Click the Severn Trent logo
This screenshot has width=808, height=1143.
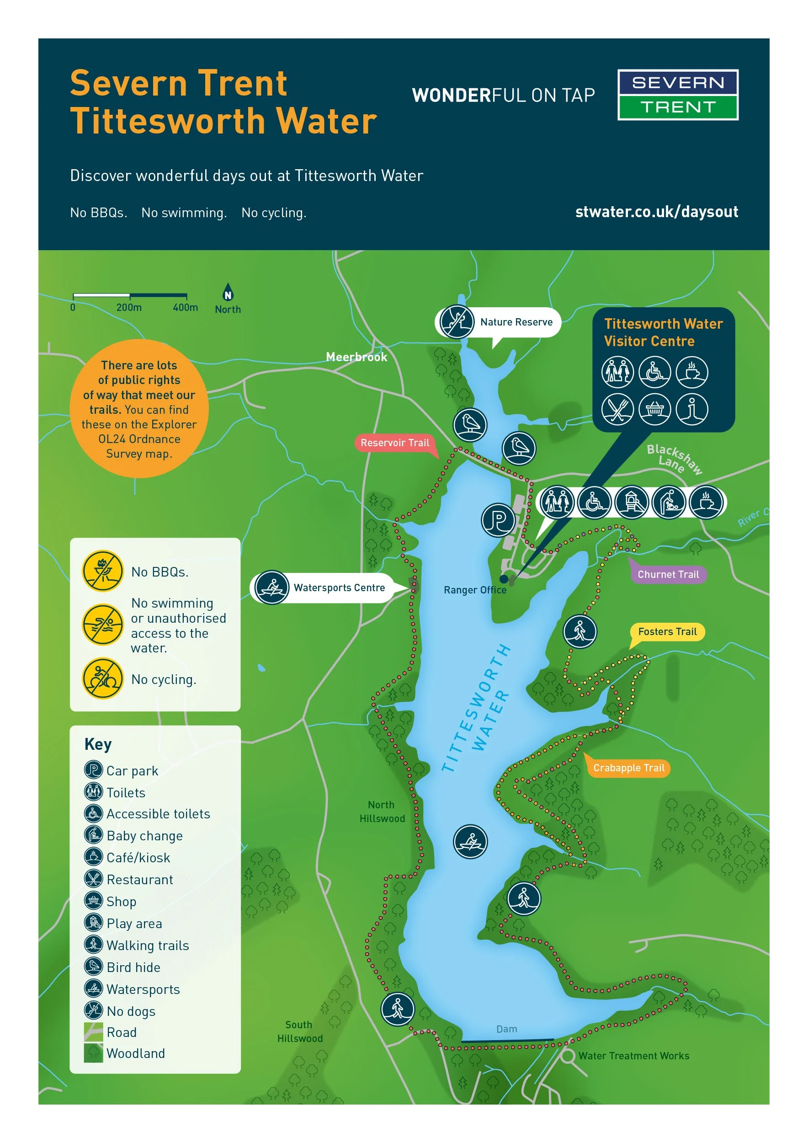click(x=678, y=95)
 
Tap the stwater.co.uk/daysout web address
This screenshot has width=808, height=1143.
click(x=656, y=212)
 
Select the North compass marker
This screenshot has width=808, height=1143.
click(x=228, y=299)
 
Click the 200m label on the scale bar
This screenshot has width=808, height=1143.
click(x=129, y=308)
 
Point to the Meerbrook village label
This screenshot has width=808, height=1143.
click(x=356, y=357)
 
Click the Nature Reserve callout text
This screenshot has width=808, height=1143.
click(x=516, y=322)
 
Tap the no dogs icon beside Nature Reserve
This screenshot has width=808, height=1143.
click(x=457, y=321)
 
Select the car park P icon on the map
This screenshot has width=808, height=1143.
click(x=498, y=520)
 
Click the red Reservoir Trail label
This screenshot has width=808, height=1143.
click(x=394, y=443)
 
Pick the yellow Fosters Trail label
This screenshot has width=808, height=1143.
click(x=667, y=632)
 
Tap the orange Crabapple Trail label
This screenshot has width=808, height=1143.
click(x=628, y=768)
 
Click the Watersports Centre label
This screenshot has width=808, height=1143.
click(x=339, y=588)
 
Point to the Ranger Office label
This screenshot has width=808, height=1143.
click(x=475, y=590)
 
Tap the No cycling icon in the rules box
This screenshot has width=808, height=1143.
click(x=102, y=678)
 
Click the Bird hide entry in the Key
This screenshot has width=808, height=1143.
click(x=133, y=967)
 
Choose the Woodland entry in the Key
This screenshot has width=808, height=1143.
click(x=135, y=1053)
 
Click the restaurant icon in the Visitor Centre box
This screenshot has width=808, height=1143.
click(x=617, y=409)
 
